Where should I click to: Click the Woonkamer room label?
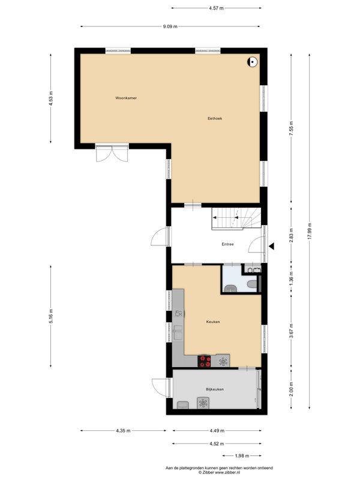tap(126, 98)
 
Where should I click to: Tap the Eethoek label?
tap(215, 118)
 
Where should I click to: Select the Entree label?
tap(227, 244)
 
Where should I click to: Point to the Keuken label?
tap(213, 322)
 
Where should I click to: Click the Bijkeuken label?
tap(215, 389)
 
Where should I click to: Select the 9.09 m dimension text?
tap(170, 26)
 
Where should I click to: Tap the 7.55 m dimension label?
tap(291, 128)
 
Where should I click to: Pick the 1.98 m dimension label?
tap(242, 456)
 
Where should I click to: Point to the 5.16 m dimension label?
tap(51, 316)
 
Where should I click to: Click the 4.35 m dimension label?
tap(123, 431)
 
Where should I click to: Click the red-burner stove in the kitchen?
tap(204, 361)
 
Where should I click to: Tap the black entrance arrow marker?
tap(271, 246)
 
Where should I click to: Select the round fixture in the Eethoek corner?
tap(252, 62)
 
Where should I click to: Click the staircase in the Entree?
tap(236, 218)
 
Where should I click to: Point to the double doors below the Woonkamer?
tap(112, 153)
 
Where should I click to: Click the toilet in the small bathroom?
tap(252, 284)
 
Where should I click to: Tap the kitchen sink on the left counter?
tap(178, 333)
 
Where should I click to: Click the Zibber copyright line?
tap(219, 473)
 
